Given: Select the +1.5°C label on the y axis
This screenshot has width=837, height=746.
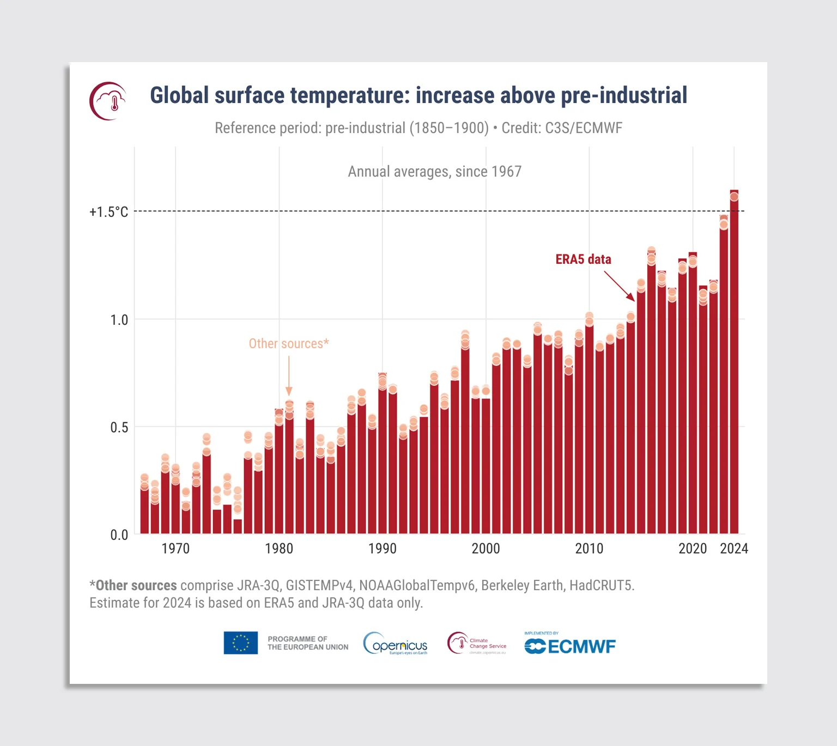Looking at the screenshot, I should click(x=109, y=212).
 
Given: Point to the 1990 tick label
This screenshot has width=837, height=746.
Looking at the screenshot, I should click(x=382, y=549).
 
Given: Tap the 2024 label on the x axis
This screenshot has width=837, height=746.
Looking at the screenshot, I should click(x=734, y=549).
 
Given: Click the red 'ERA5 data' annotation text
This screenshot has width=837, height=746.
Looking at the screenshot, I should click(x=583, y=259).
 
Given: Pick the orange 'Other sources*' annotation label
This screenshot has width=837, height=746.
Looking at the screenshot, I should click(x=289, y=344).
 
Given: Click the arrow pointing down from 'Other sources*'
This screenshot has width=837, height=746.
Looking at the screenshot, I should click(x=289, y=376).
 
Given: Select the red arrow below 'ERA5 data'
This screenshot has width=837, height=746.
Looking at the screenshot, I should click(x=620, y=286).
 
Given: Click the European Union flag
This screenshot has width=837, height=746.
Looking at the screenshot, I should click(x=241, y=643).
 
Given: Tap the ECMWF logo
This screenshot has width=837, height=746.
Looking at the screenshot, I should click(x=570, y=646).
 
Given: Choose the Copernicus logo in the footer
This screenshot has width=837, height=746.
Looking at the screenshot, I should click(x=396, y=644).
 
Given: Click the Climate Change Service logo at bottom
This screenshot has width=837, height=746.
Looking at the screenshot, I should click(x=477, y=644).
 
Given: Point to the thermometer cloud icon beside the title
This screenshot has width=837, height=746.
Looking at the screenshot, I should click(x=108, y=101).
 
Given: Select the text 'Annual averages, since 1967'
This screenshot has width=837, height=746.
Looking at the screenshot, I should click(x=434, y=172).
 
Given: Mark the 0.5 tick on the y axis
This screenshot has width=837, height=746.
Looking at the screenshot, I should click(x=119, y=427).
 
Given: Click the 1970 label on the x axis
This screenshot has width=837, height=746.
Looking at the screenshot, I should click(x=175, y=549).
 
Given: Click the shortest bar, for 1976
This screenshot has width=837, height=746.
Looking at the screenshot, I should click(x=238, y=526).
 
